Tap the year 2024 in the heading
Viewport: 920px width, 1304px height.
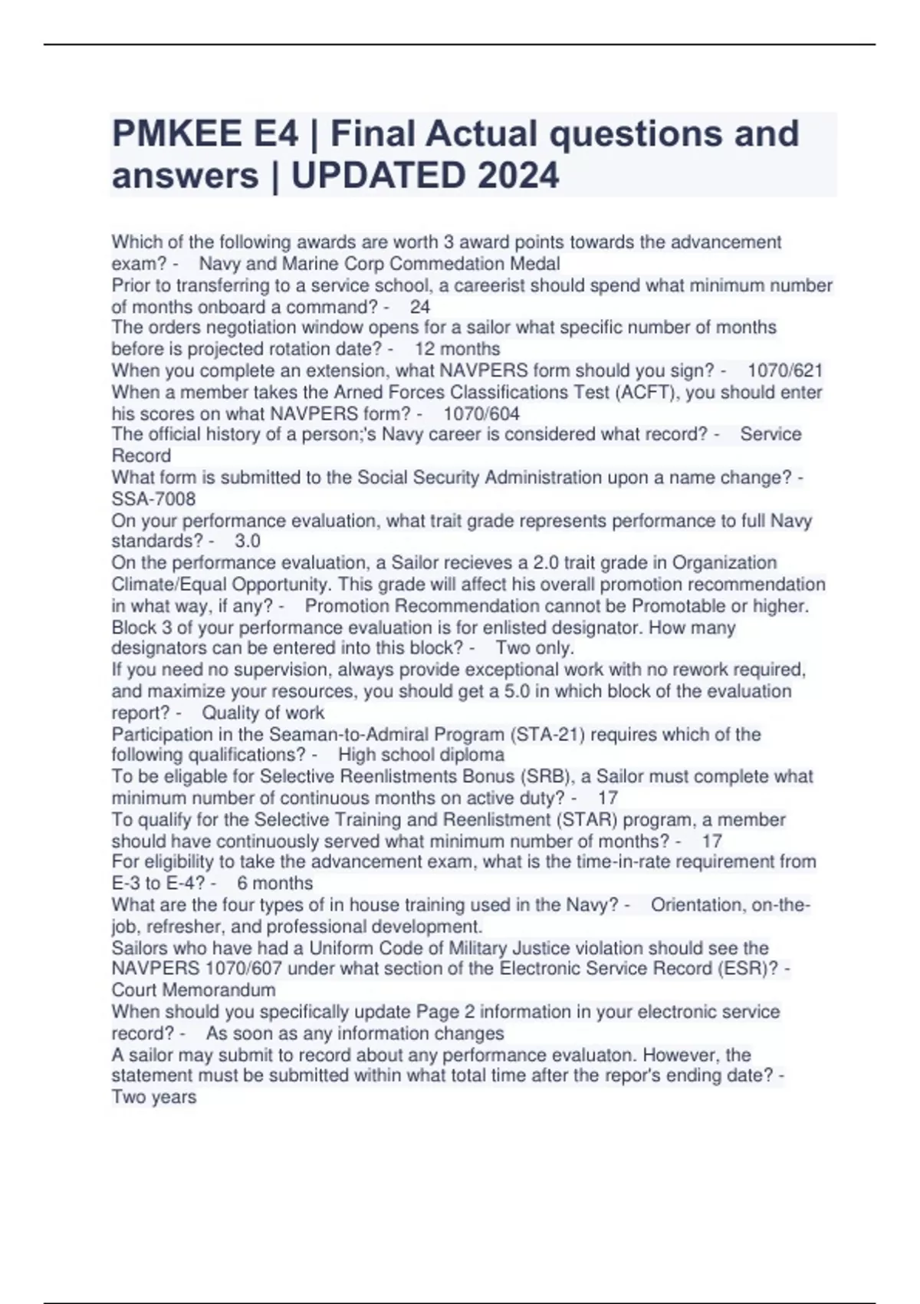(517, 176)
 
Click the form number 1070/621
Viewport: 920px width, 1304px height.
(784, 371)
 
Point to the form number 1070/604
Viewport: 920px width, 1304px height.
(481, 414)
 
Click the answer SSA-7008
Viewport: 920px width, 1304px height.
(153, 499)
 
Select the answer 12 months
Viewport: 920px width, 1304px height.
(457, 349)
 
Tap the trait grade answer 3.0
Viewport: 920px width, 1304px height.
(247, 542)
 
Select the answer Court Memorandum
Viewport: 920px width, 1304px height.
(193, 990)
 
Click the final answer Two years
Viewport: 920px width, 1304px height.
(154, 1098)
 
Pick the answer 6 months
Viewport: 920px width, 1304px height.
(274, 884)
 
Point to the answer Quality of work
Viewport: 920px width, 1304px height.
(263, 713)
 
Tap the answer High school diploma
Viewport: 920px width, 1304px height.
(421, 756)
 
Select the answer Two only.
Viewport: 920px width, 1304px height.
(534, 648)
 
